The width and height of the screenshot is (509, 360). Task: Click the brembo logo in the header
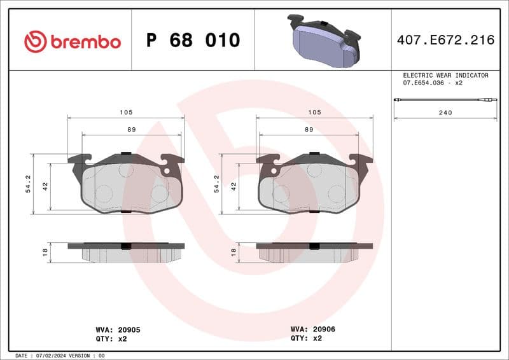pos(72,42)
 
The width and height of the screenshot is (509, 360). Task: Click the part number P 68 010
pos(193,41)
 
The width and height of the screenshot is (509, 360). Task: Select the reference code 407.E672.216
pos(445,41)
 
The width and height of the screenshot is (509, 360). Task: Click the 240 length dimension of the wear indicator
pos(445,113)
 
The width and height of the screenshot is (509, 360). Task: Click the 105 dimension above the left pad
pos(125,112)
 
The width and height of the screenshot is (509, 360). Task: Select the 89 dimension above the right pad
pos(309,129)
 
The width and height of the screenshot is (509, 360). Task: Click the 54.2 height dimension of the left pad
pos(27,184)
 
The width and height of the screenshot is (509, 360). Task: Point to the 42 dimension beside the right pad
pos(234,186)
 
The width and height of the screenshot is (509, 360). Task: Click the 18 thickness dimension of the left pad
pos(45,253)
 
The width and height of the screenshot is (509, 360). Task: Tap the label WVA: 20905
pos(118,329)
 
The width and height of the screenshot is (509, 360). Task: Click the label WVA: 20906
pos(312,329)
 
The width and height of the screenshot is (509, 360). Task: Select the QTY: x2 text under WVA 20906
pos(306,338)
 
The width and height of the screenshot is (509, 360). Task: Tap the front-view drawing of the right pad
pos(314,184)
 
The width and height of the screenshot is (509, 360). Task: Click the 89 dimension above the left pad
pos(131,129)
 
